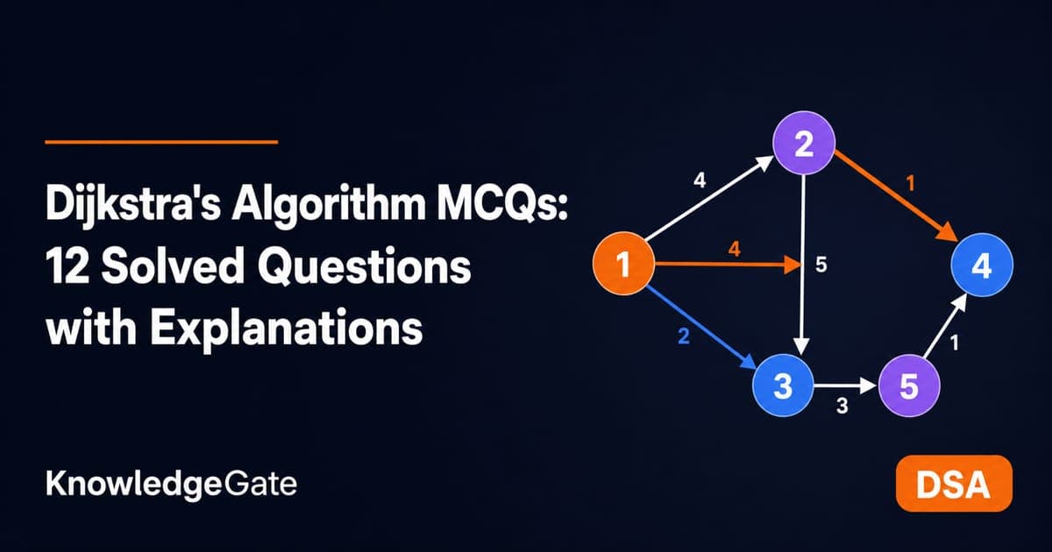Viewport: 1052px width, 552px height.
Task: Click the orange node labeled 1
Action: pos(623,264)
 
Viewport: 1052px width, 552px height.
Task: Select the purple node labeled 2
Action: pos(804,143)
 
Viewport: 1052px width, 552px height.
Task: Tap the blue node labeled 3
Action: pos(783,386)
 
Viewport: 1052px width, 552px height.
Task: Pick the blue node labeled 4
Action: pos(982,265)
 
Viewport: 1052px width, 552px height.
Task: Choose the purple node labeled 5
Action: pos(909,386)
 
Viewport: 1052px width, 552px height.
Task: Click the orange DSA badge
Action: pos(954,483)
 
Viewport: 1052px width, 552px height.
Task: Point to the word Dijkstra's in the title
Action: pos(133,205)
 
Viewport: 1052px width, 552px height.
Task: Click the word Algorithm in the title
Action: pos(329,206)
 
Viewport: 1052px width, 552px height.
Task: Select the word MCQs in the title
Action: pos(502,205)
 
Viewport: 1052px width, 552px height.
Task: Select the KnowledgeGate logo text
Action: pos(172,485)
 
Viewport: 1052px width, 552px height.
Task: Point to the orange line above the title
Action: pos(161,142)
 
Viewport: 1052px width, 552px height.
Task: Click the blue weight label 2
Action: pos(684,336)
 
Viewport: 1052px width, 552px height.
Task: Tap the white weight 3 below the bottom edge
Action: pos(842,406)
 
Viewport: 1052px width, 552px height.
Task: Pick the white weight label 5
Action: pos(821,265)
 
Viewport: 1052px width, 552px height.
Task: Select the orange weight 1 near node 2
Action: pos(911,183)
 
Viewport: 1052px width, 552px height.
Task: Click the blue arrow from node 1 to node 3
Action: pos(702,327)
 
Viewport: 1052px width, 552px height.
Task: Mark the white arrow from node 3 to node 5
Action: pos(845,386)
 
